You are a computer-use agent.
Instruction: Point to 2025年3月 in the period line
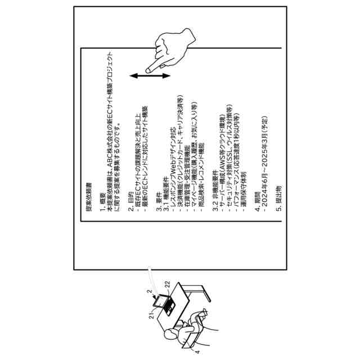tap(264, 147)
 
